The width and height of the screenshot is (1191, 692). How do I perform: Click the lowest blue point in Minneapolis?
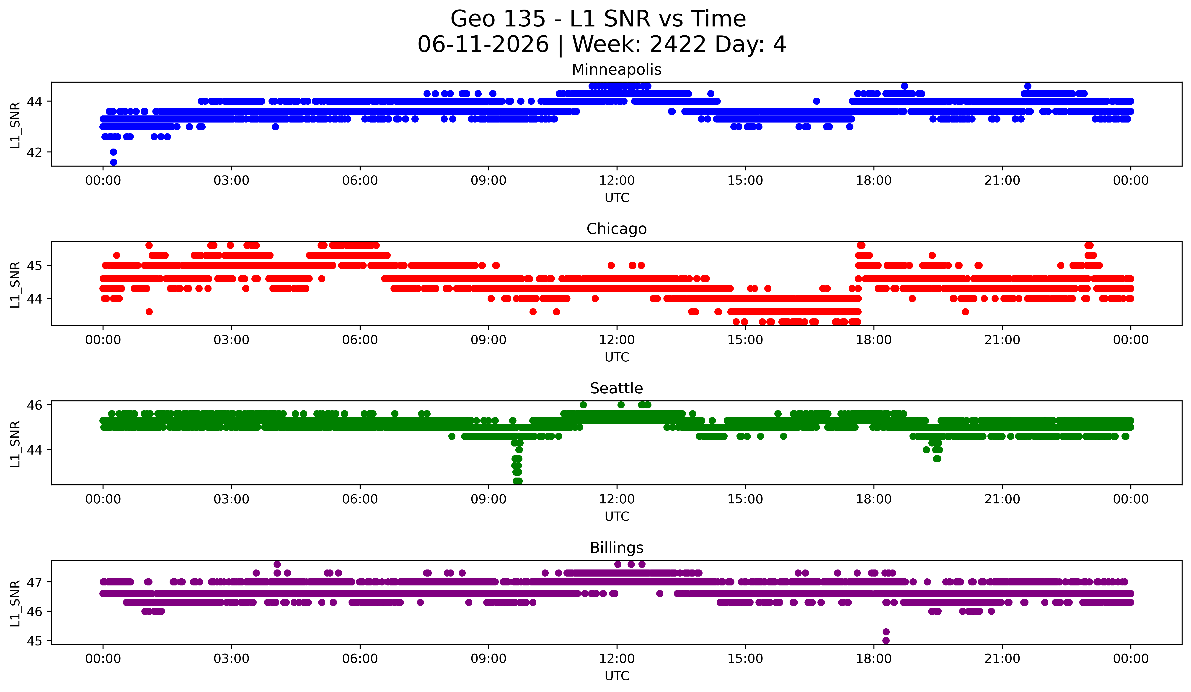tap(114, 162)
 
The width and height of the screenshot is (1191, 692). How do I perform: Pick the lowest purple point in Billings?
tap(886, 640)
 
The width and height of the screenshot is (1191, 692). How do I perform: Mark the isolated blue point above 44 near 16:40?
tap(816, 101)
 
